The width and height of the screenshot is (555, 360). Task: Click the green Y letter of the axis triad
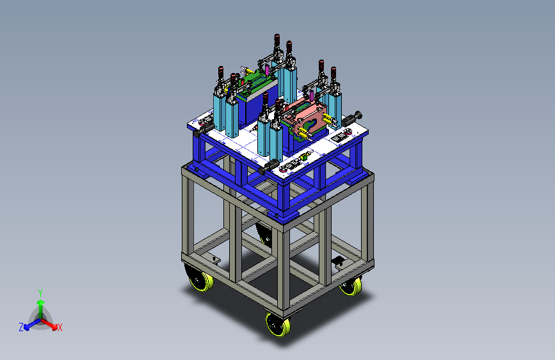[x=40, y=293]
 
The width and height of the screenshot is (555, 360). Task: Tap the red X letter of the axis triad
[x=60, y=328]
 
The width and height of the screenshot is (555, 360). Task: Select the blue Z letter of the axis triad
[x=21, y=327]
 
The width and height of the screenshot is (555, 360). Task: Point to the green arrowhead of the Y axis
[x=41, y=302]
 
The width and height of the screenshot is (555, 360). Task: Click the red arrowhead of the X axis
[x=54, y=327]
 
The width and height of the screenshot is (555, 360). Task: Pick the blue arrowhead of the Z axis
[x=27, y=327]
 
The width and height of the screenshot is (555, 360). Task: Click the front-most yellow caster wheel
[x=278, y=325]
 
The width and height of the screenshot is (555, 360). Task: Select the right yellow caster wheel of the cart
[x=351, y=286]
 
